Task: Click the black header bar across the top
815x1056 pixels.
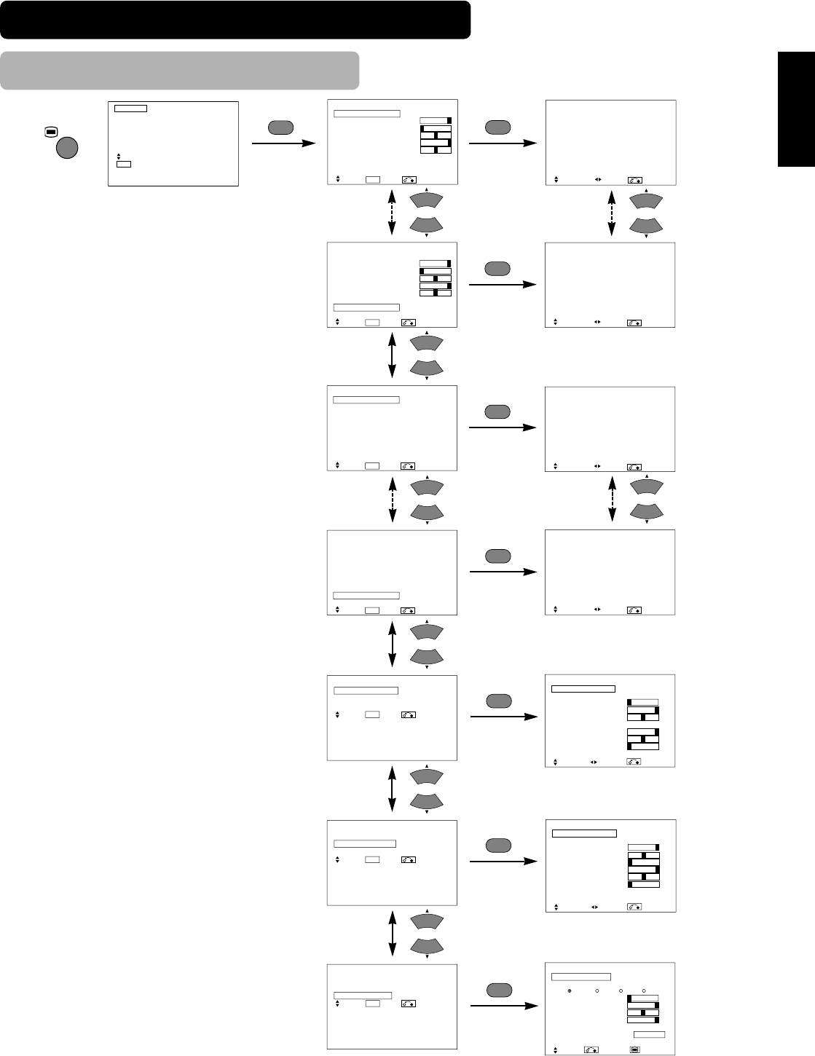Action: pos(235,19)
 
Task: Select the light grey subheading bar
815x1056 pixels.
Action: pos(179,70)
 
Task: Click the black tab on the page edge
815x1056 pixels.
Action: pos(796,109)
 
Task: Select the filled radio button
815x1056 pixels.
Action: pos(570,990)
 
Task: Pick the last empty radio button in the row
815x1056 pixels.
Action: pos(644,990)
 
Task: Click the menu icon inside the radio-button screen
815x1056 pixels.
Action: pos(634,1049)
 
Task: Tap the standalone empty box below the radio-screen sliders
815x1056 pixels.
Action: pos(648,1034)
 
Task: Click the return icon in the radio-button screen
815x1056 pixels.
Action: pos(591,1049)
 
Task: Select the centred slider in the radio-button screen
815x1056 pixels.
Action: pos(643,1012)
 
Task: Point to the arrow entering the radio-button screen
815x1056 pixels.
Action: pos(504,1006)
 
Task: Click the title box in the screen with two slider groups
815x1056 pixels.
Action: pos(583,688)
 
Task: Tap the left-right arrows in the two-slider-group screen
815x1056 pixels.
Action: pos(594,762)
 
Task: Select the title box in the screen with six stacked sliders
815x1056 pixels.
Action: pos(584,833)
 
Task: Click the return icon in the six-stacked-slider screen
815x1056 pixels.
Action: pos(634,907)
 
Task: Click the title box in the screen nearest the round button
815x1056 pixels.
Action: pos(130,108)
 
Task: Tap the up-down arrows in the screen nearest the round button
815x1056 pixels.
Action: pos(118,156)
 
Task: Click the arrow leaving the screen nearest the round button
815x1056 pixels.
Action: pos(283,143)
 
